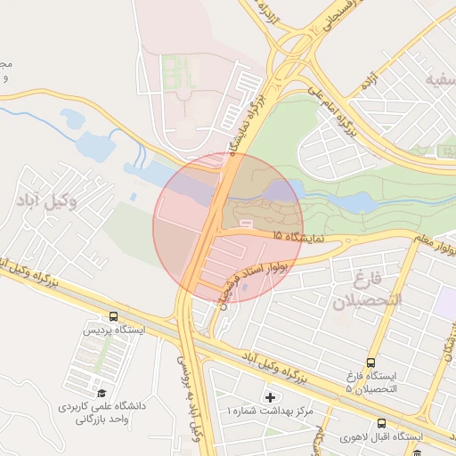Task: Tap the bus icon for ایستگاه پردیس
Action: point(113,315)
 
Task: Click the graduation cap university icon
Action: point(101,393)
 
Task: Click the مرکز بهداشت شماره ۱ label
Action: point(271,411)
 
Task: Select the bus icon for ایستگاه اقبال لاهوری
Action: point(381,423)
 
